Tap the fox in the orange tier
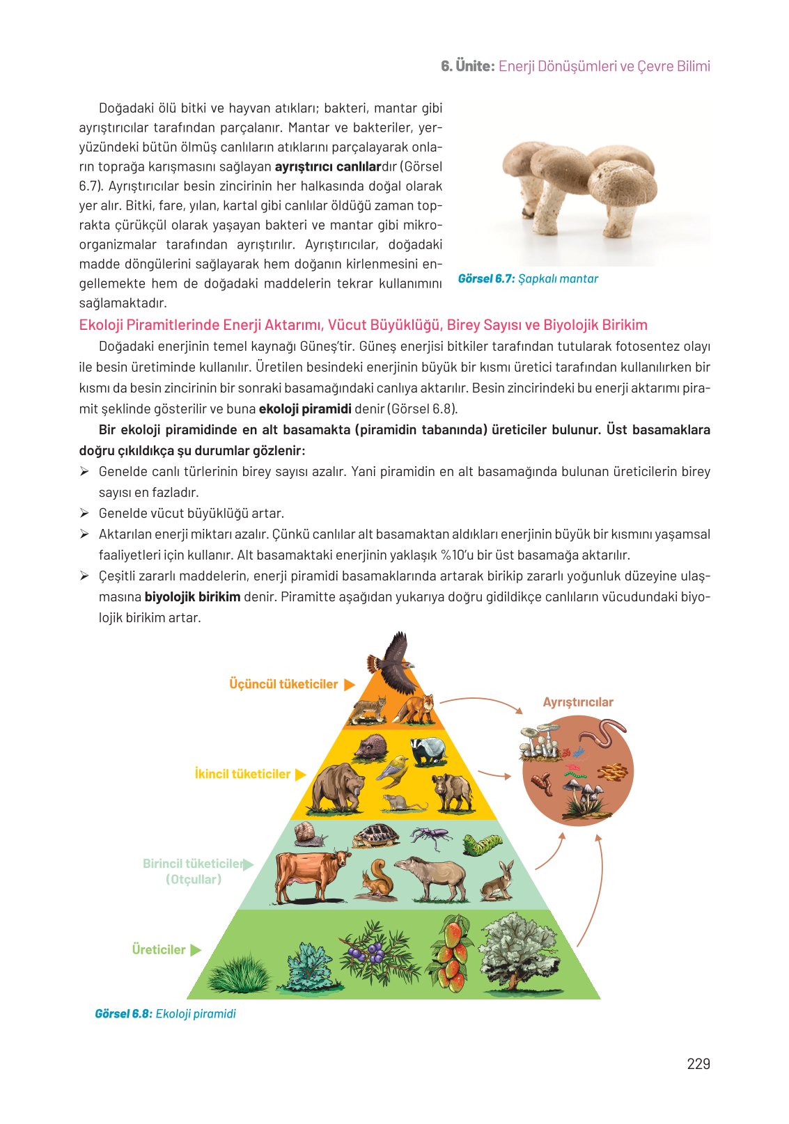[x=416, y=709]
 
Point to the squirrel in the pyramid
[x=377, y=879]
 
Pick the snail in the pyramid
[x=310, y=833]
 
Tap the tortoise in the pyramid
[x=376, y=835]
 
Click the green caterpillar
[x=483, y=845]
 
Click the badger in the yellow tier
[x=428, y=751]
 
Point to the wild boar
[x=453, y=792]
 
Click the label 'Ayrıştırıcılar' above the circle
[x=578, y=702]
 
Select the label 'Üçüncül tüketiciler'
[x=283, y=684]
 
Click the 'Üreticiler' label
[x=159, y=949]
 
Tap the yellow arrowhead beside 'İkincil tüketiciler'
[x=301, y=775]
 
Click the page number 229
[x=698, y=1063]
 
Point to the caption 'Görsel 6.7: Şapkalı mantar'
[x=528, y=278]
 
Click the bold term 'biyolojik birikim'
[x=192, y=596]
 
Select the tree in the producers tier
[x=519, y=951]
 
